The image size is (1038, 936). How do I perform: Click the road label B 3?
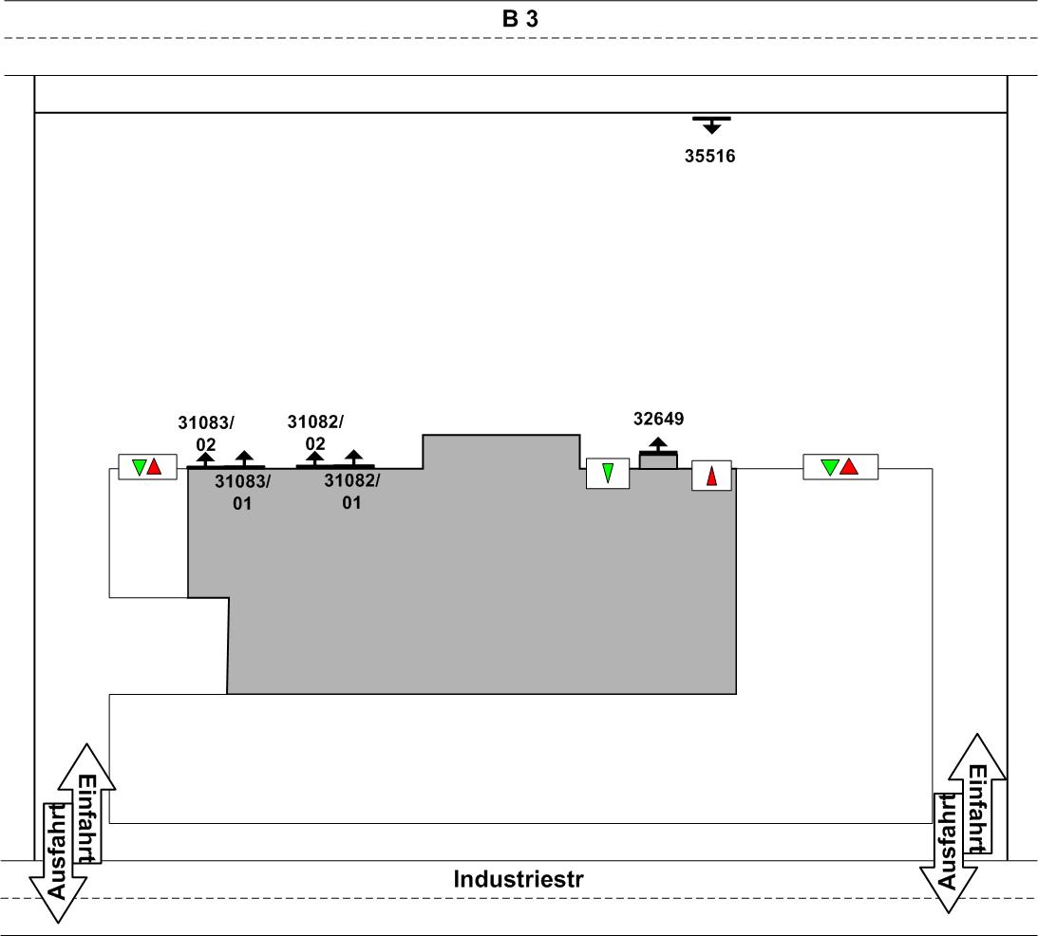point(519,19)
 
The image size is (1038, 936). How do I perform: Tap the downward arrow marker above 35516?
point(711,124)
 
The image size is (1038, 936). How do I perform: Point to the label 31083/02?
point(206,433)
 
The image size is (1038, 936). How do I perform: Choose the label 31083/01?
point(242,492)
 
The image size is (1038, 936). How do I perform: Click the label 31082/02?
point(315,432)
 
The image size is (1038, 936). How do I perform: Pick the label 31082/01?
point(351,491)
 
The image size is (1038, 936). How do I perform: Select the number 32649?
point(658,418)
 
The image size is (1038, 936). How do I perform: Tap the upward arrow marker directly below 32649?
point(658,445)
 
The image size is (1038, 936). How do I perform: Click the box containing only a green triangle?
point(608,473)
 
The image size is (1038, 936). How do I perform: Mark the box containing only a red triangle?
point(711,474)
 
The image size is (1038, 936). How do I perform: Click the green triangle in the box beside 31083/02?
point(140,467)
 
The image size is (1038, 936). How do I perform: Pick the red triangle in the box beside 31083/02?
point(155,467)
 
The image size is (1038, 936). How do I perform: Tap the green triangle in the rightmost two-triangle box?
point(830,467)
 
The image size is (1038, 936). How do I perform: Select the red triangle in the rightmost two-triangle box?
point(849,467)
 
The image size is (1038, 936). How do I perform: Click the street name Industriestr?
point(519,879)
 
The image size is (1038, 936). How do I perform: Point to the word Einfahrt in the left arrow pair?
point(86,818)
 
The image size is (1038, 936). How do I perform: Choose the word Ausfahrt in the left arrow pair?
point(57,852)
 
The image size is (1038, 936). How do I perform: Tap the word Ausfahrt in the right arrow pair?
point(948,841)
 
